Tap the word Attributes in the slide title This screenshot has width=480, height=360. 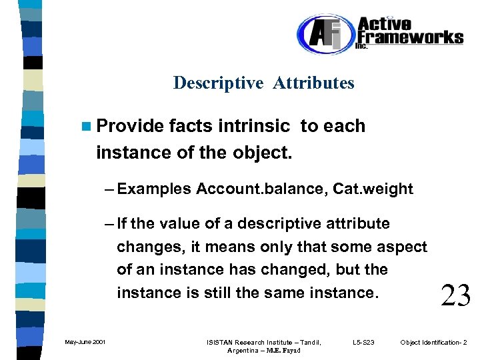pos(313,83)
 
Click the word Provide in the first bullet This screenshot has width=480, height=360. pos(130,126)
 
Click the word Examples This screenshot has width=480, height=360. pos(156,189)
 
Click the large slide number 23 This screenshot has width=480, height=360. pos(455,294)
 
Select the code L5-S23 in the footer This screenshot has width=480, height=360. pos(363,343)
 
